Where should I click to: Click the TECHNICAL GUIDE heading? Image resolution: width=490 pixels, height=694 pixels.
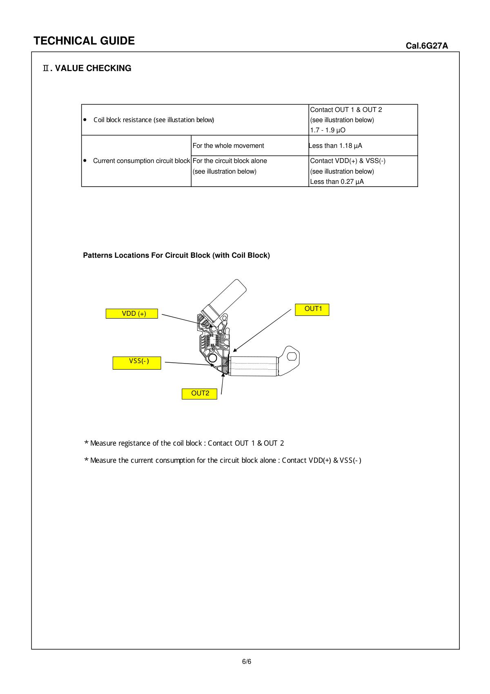pos(84,41)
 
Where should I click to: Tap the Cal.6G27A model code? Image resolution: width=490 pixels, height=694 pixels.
pos(426,46)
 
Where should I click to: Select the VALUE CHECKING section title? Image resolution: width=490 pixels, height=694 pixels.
pos(87,68)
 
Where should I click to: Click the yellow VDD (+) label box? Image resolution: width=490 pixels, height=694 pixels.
pos(132,314)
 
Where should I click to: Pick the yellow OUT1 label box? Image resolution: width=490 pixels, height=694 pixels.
pos(312,309)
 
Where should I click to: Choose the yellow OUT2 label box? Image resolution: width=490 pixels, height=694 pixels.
pos(199,394)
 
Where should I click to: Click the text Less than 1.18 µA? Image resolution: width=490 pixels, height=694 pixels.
pos(336,146)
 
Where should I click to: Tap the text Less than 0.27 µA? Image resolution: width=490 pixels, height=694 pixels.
pos(336,182)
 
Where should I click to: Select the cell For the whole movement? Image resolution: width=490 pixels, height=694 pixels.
pos(228,146)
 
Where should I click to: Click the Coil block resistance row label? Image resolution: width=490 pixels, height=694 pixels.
pos(154,120)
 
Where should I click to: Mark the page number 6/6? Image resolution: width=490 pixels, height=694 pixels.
pos(247,662)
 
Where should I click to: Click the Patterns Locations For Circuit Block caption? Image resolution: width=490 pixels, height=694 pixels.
pos(176,256)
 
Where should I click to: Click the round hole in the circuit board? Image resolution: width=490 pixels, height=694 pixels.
pos(212,358)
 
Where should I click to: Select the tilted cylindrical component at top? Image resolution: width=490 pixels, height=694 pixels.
pos(227,297)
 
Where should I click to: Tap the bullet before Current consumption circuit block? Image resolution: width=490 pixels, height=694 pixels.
pos(85,161)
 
